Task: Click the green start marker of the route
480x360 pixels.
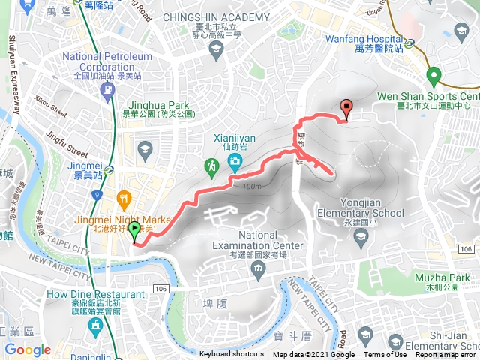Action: [x=134, y=229]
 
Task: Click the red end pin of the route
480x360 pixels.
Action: [x=346, y=109]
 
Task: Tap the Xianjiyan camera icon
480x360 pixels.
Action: [x=235, y=162]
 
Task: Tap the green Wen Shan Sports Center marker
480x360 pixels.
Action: [x=433, y=76]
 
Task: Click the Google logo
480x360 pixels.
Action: [x=28, y=349]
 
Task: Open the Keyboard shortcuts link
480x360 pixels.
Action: [x=231, y=354]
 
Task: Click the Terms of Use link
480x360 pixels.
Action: [x=385, y=354]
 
